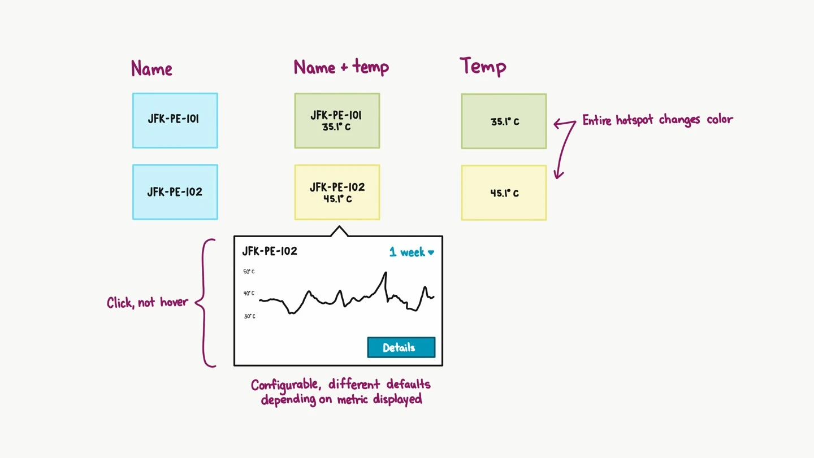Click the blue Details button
(401, 347)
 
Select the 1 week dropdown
(412, 252)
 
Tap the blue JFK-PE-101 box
(175, 120)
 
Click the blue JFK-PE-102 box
(175, 192)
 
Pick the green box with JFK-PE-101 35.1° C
(337, 121)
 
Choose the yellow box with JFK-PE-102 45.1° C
(337, 193)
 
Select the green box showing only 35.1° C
(504, 121)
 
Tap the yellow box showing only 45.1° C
(504, 193)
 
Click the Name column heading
(151, 68)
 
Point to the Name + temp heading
(341, 67)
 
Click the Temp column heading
(483, 66)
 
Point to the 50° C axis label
(249, 272)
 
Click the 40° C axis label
(249, 293)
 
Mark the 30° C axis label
(250, 316)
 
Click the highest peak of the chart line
(386, 272)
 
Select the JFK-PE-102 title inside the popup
(270, 251)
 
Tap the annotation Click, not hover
(148, 302)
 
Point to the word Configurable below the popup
(286, 385)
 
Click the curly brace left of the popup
(204, 303)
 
